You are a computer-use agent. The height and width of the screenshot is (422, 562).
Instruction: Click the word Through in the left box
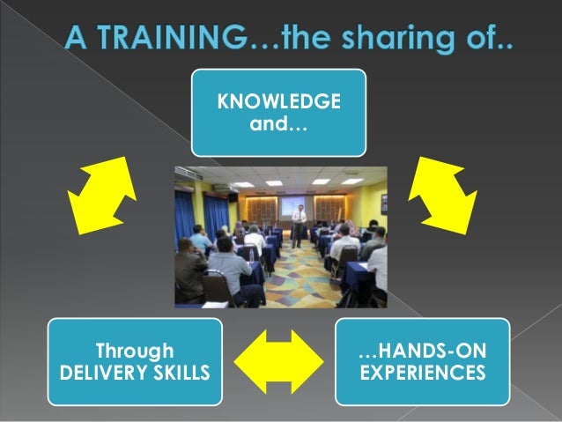point(135,352)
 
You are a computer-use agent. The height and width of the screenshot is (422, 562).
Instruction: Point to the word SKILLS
point(182,374)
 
